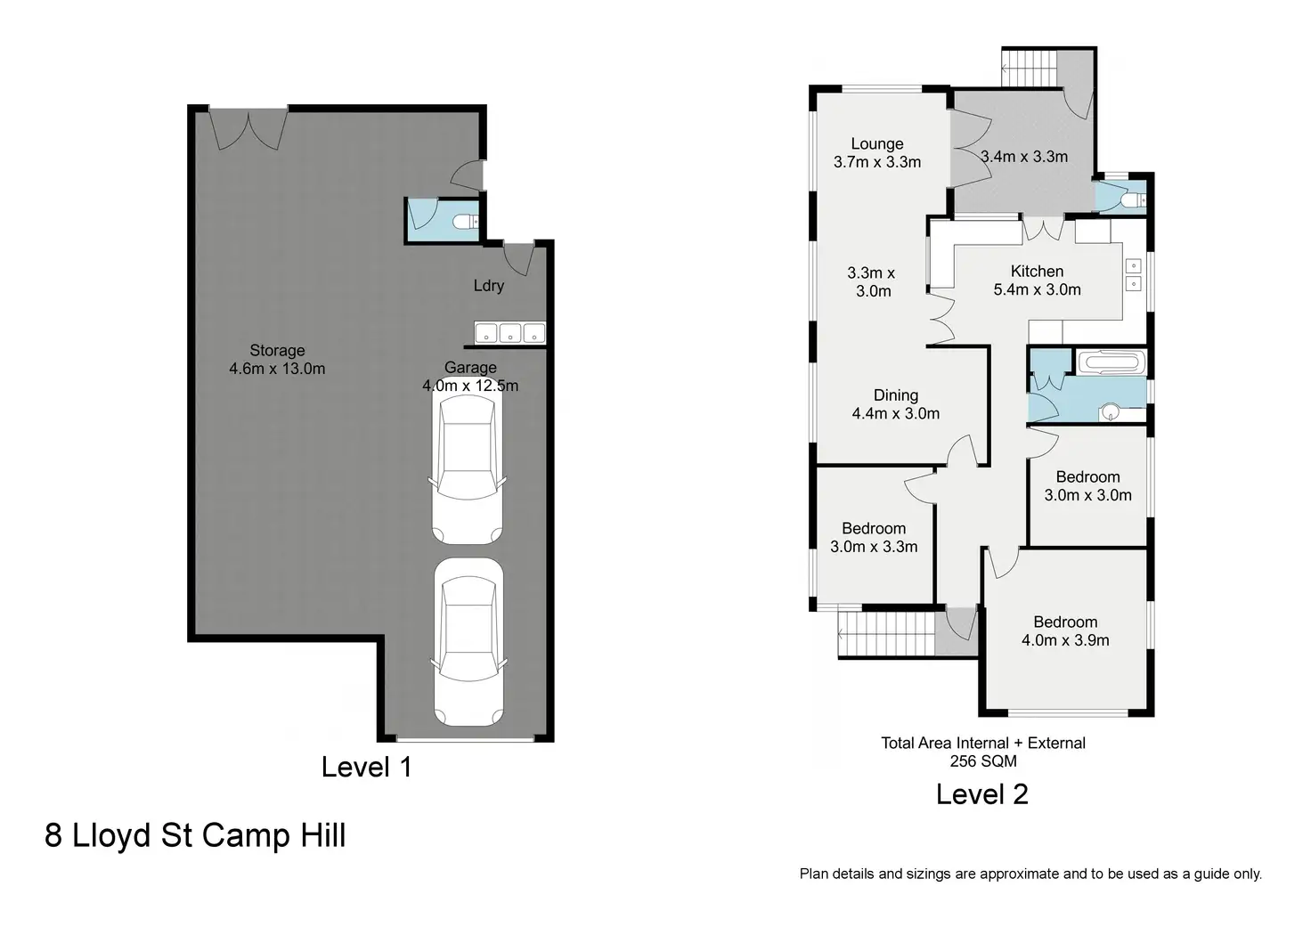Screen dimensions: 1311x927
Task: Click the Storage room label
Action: (277, 351)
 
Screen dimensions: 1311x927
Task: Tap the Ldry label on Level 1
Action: (489, 286)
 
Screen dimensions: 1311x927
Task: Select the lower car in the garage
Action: (468, 642)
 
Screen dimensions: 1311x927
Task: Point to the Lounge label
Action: (876, 144)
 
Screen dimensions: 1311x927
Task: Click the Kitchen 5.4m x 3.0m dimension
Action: (1037, 289)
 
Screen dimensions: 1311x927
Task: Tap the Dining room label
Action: (895, 395)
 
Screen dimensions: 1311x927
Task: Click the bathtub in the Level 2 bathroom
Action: (1111, 362)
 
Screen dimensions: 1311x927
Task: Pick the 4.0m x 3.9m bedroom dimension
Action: (1065, 640)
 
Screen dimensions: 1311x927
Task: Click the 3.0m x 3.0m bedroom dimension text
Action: (1088, 495)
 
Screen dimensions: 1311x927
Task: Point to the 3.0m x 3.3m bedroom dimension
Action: (874, 547)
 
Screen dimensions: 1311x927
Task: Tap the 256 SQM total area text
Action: (983, 761)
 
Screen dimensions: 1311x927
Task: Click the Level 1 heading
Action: (367, 768)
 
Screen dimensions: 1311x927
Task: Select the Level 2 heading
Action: (982, 794)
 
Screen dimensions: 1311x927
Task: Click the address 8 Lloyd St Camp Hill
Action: (195, 835)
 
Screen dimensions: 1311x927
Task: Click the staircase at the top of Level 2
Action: (1030, 68)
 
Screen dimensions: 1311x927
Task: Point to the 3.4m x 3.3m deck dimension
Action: (1024, 157)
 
